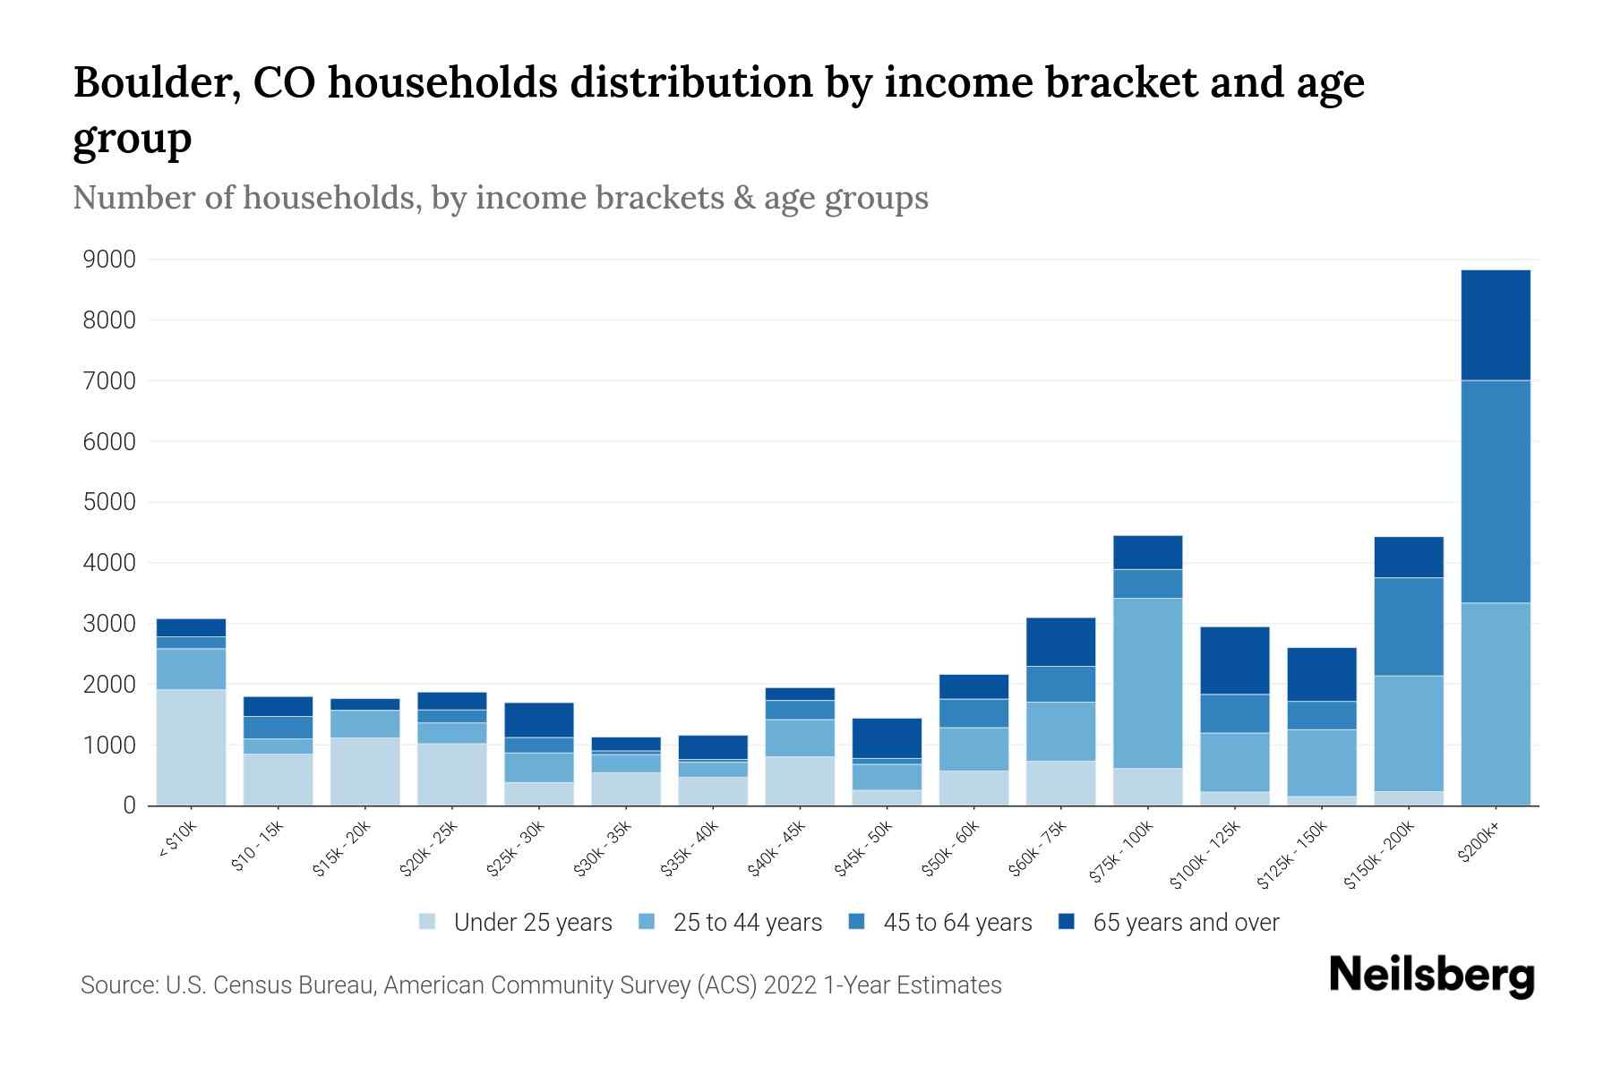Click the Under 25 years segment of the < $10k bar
point(191,746)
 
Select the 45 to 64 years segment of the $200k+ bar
point(1496,491)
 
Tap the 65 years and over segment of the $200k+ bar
point(1496,325)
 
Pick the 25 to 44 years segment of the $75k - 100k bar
point(1147,682)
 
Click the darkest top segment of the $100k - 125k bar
point(1234,660)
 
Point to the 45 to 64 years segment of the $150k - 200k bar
point(1409,626)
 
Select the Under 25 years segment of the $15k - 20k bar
point(364,771)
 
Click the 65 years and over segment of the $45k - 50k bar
point(887,737)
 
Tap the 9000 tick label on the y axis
point(109,260)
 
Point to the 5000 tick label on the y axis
point(109,502)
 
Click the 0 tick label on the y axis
point(129,805)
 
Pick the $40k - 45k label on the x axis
point(776,848)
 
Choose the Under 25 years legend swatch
point(428,922)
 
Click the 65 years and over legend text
point(1186,922)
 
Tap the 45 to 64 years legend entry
point(940,922)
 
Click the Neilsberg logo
point(1431,975)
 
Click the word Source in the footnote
point(117,985)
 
